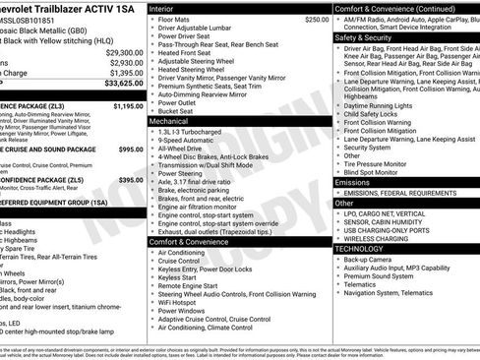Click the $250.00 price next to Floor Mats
(317, 19)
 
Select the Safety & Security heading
(369, 37)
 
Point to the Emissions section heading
(353, 183)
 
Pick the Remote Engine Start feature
(192, 282)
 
